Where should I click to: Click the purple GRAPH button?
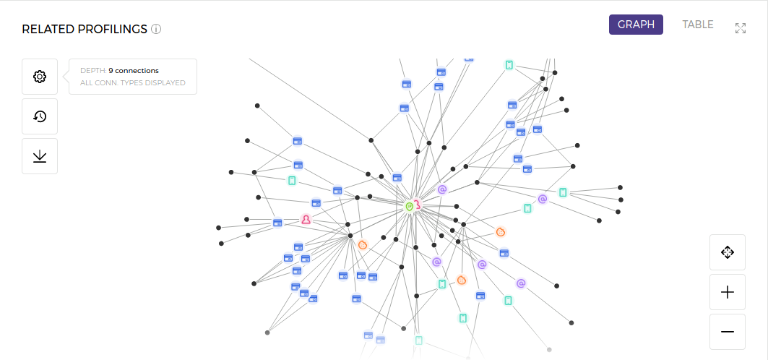pyautogui.click(x=636, y=25)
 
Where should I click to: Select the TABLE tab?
pyautogui.click(x=697, y=25)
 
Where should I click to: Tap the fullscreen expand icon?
pyautogui.click(x=740, y=28)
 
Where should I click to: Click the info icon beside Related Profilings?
pyautogui.click(x=156, y=30)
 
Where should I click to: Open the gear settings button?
pyautogui.click(x=40, y=77)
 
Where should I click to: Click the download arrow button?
pyautogui.click(x=40, y=156)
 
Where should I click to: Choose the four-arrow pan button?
pyautogui.click(x=728, y=252)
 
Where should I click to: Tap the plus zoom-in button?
pyautogui.click(x=728, y=292)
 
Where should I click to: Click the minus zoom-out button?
pyautogui.click(x=728, y=332)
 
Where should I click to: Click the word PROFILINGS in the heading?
pyautogui.click(x=113, y=30)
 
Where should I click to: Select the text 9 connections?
pyautogui.click(x=134, y=71)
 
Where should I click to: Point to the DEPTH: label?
pyautogui.click(x=92, y=71)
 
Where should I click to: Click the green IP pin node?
pyautogui.click(x=409, y=207)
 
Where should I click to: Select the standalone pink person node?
pyautogui.click(x=306, y=219)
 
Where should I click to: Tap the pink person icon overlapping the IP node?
pyautogui.click(x=418, y=205)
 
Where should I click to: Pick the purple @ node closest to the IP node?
pyautogui.click(x=442, y=189)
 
